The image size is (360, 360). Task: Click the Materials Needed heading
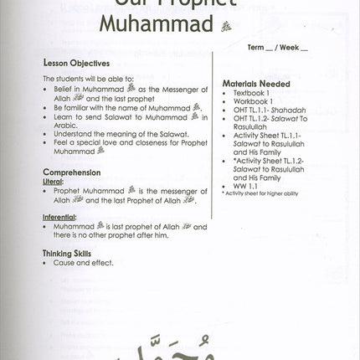pos(255,84)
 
